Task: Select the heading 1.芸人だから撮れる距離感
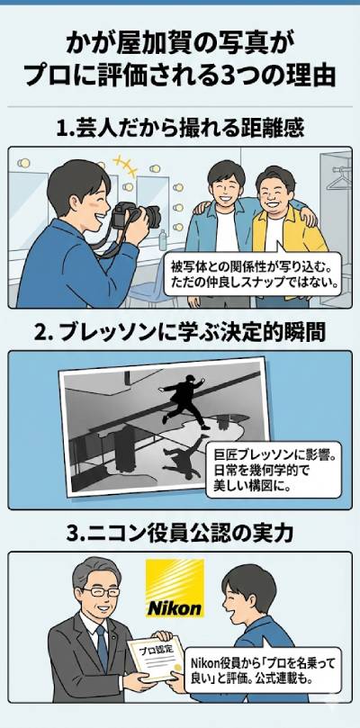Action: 179,128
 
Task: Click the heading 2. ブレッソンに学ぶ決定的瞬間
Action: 179,330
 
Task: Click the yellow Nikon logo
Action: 175,589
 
